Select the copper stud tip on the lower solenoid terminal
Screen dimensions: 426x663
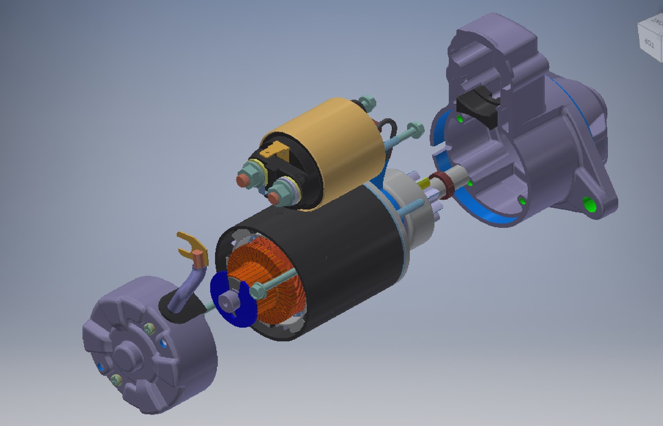[x=275, y=199]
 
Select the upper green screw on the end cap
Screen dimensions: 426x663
[x=149, y=327]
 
